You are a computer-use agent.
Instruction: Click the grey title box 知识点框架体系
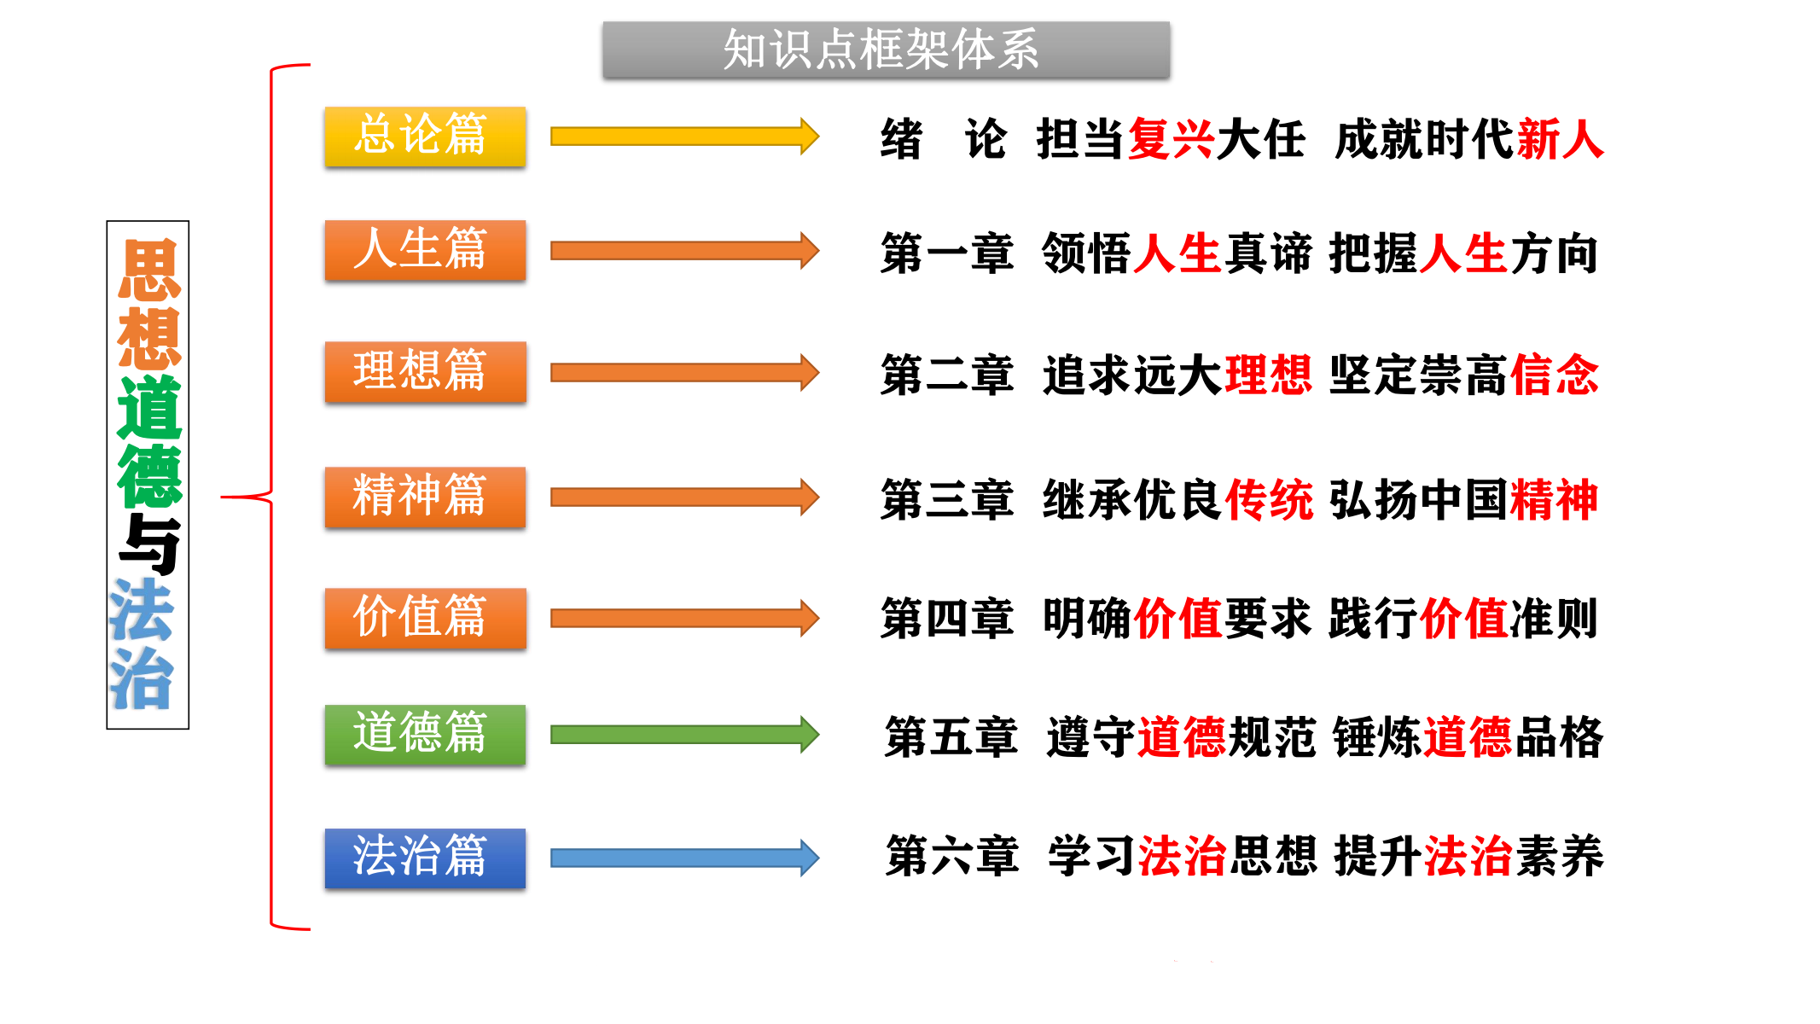point(885,49)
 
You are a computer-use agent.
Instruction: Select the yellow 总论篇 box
point(425,136)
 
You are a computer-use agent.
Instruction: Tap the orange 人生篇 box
point(425,250)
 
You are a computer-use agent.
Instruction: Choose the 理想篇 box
point(425,371)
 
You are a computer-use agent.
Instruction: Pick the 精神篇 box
point(425,497)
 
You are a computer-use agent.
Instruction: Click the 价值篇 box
point(425,618)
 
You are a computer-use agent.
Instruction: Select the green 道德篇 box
point(425,734)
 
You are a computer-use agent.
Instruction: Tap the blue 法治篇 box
point(425,858)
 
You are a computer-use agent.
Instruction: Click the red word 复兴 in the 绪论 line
point(1172,139)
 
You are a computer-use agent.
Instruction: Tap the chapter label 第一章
point(946,254)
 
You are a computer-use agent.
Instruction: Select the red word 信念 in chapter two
point(1554,375)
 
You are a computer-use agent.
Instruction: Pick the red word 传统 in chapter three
point(1268,500)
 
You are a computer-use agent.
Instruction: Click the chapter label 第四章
point(946,619)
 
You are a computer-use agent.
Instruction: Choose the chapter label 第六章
point(951,857)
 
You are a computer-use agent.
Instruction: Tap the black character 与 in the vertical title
point(149,544)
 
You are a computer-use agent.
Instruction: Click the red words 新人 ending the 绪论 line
point(1561,139)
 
